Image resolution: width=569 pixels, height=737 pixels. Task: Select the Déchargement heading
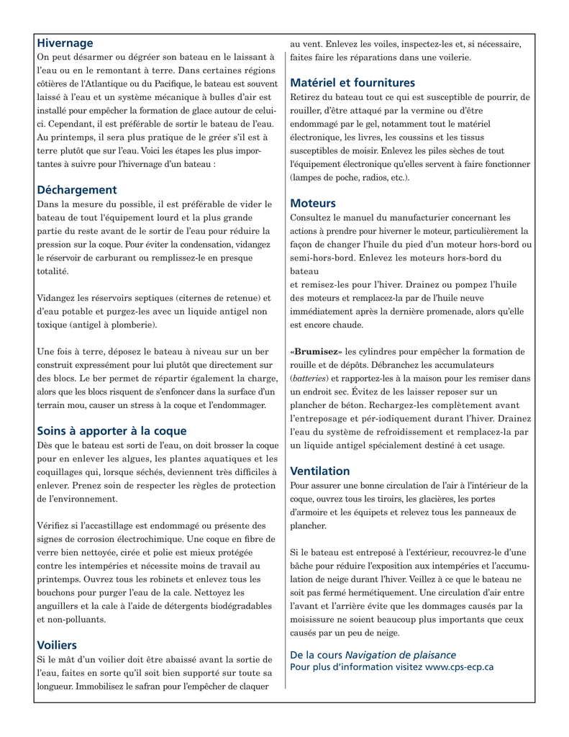(77, 190)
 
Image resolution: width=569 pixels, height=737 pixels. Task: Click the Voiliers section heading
(57, 645)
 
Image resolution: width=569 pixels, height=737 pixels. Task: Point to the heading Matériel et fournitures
(352, 83)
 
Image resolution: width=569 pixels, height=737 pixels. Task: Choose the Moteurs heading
(313, 204)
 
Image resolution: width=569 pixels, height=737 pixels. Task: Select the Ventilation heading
(320, 471)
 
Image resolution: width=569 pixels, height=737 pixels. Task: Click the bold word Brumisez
(316, 351)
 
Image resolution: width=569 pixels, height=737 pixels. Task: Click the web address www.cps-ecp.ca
(459, 667)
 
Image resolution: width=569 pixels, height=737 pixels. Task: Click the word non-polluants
(71, 618)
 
